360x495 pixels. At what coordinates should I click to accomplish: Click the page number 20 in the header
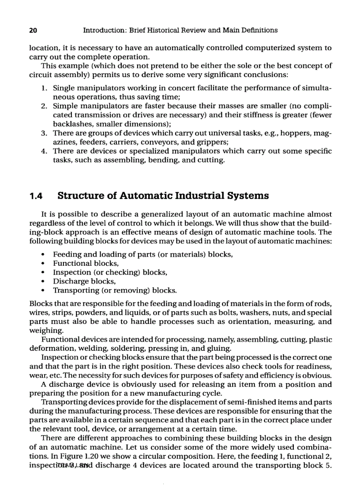pyautogui.click(x=32, y=30)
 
